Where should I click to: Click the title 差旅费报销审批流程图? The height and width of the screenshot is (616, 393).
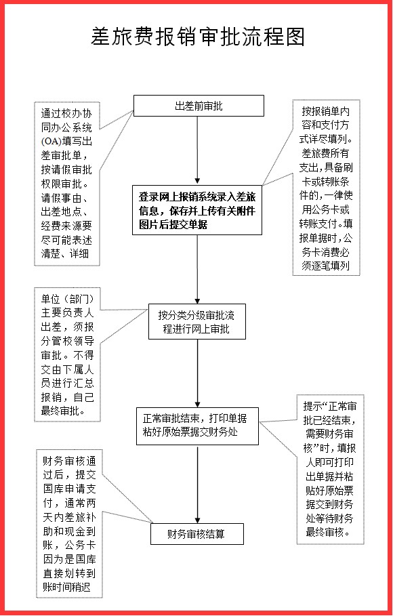click(x=197, y=37)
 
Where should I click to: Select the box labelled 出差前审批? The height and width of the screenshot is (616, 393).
click(x=198, y=106)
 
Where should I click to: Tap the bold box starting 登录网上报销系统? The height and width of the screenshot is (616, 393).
click(x=198, y=209)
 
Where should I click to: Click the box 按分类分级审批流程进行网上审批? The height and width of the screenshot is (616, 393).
click(x=198, y=323)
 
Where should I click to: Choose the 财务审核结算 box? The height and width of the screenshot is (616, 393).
click(x=198, y=533)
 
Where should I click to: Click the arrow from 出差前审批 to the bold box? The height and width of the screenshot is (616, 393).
click(x=198, y=149)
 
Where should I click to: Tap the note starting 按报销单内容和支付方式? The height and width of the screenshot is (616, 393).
click(x=327, y=188)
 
